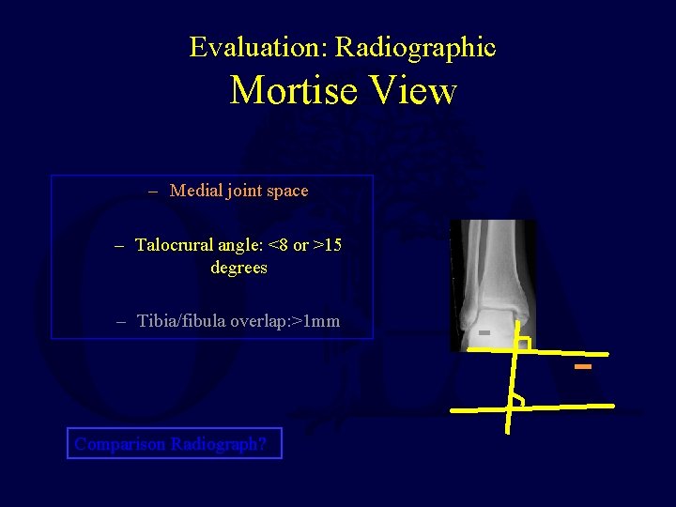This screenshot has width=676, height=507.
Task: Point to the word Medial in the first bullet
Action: coord(193,191)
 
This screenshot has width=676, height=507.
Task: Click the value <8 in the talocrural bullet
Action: coord(279,245)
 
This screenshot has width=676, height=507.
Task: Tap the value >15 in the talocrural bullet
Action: coord(328,245)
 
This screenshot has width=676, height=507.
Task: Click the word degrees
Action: coord(238,268)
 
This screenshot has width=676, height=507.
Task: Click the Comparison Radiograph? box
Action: coord(175,443)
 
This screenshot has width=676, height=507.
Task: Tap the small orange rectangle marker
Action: coord(583,366)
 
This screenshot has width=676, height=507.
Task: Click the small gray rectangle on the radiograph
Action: coord(484,333)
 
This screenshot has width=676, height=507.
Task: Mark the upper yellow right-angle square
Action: coord(523,345)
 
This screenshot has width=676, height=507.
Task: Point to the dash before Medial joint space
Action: coord(154,191)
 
